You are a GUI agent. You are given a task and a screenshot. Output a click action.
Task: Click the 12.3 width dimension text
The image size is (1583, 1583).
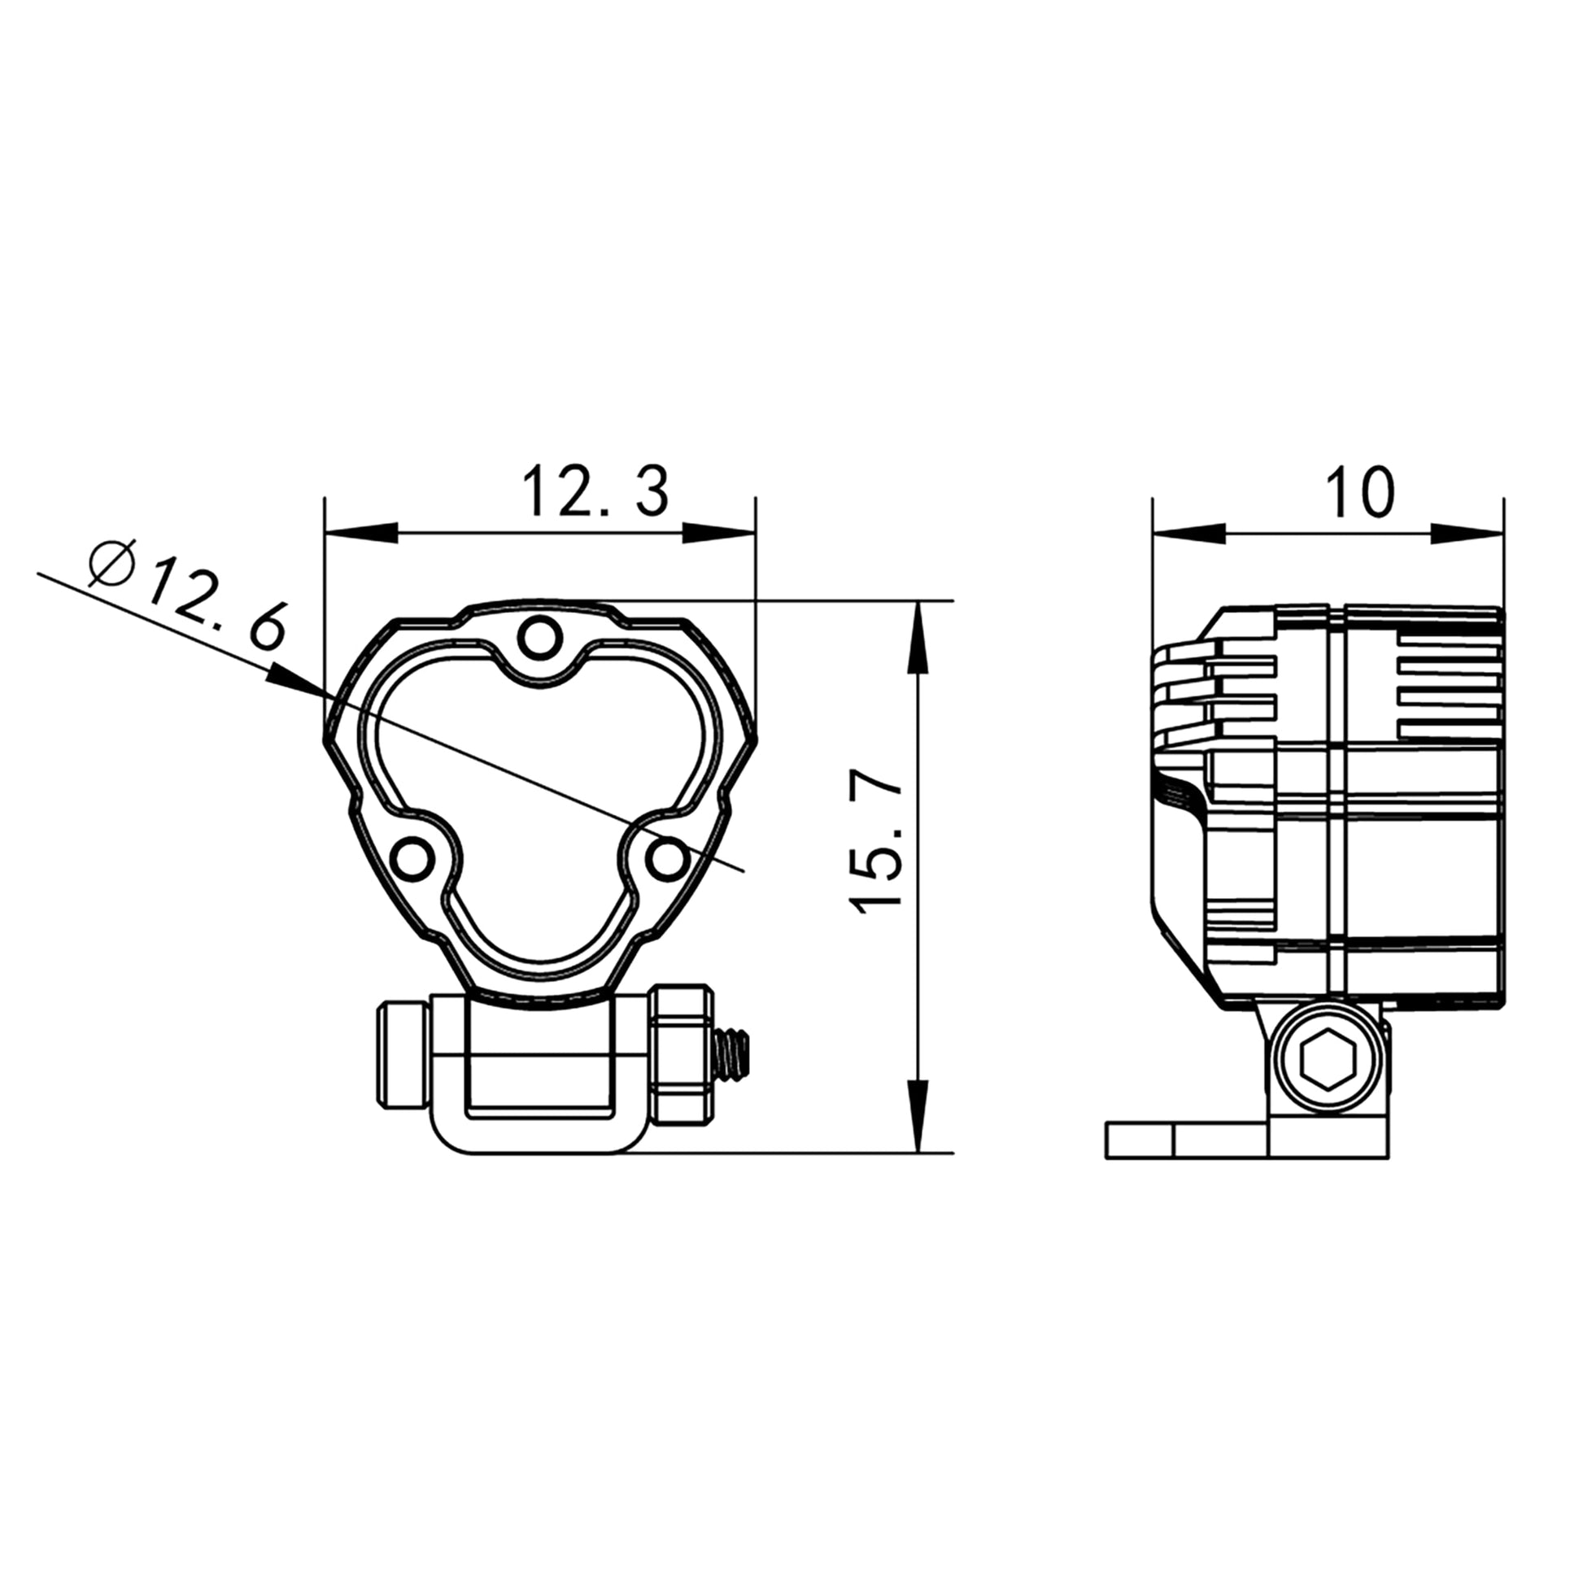tap(595, 491)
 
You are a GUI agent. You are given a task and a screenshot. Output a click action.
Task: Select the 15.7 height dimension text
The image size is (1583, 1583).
tap(876, 842)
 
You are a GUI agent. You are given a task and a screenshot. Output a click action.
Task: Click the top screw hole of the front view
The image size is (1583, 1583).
tap(540, 639)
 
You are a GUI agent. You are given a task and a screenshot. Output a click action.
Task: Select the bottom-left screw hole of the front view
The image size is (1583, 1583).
tap(412, 859)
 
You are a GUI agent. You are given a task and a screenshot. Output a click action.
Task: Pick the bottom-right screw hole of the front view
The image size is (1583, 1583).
tap(668, 859)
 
